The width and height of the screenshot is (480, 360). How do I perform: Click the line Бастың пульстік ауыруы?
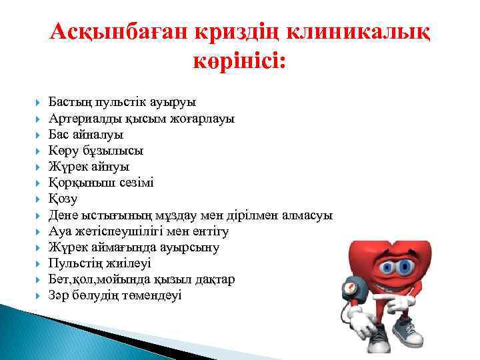[122, 103]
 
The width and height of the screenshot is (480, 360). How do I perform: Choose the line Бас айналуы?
[86, 135]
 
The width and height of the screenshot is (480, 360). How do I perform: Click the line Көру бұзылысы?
[96, 151]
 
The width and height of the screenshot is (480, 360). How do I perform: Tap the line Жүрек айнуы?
[89, 167]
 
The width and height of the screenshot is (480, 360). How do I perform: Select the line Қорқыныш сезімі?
[101, 183]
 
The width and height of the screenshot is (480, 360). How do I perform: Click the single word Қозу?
[63, 199]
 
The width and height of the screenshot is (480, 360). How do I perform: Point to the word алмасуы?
[307, 215]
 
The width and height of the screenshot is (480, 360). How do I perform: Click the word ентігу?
[209, 231]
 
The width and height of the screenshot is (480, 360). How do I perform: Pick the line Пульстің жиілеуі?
[100, 263]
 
